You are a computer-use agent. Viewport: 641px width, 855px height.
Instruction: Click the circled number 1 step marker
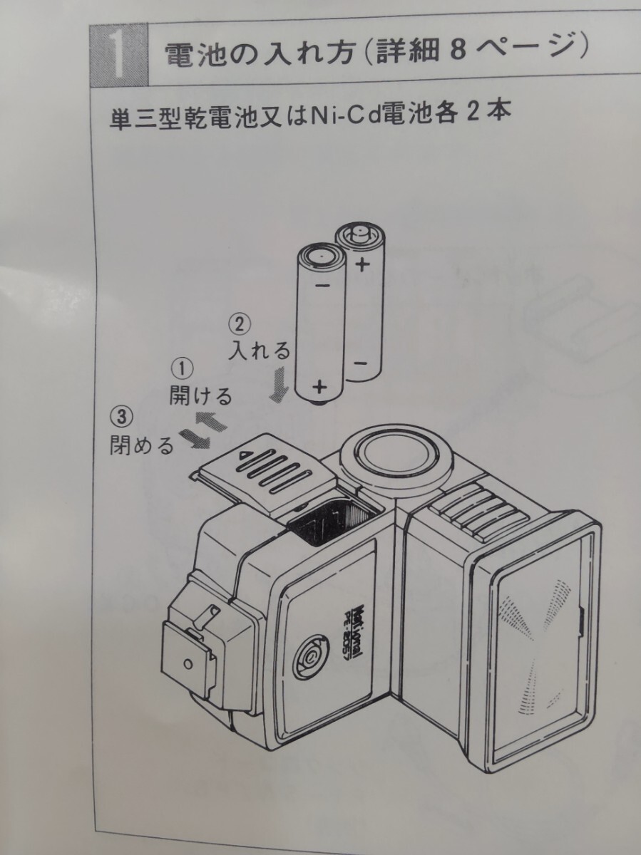[x=181, y=368]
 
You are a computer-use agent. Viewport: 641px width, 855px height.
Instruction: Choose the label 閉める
[x=141, y=446]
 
